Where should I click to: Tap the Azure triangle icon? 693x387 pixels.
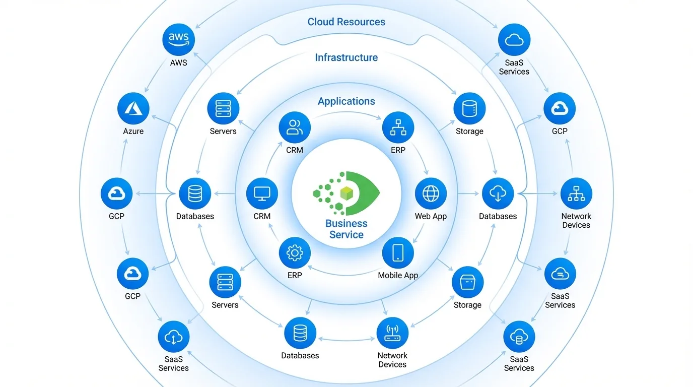coord(133,108)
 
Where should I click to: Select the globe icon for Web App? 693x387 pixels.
coord(431,193)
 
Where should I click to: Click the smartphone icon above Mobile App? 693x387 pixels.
coord(398,252)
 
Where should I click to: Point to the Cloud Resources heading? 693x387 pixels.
coord(346,22)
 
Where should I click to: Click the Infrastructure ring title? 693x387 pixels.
coord(346,57)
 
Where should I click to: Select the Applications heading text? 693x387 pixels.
coord(346,101)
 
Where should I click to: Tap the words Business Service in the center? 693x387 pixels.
coord(346,229)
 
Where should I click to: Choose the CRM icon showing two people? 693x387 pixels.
coord(295,127)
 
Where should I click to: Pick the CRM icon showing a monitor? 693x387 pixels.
coord(262,193)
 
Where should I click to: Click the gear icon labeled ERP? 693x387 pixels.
coord(295,252)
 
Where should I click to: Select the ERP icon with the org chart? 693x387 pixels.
coord(398,127)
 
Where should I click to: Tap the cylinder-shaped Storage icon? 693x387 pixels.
coord(469,108)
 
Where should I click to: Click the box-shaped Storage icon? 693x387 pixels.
coord(467,282)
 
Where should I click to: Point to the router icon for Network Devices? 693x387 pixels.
coord(392,333)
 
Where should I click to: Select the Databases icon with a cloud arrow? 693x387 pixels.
coord(498,193)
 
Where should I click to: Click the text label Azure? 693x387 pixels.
coord(133,131)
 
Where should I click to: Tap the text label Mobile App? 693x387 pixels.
coord(398,275)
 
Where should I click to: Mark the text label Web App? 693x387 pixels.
coord(431,216)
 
